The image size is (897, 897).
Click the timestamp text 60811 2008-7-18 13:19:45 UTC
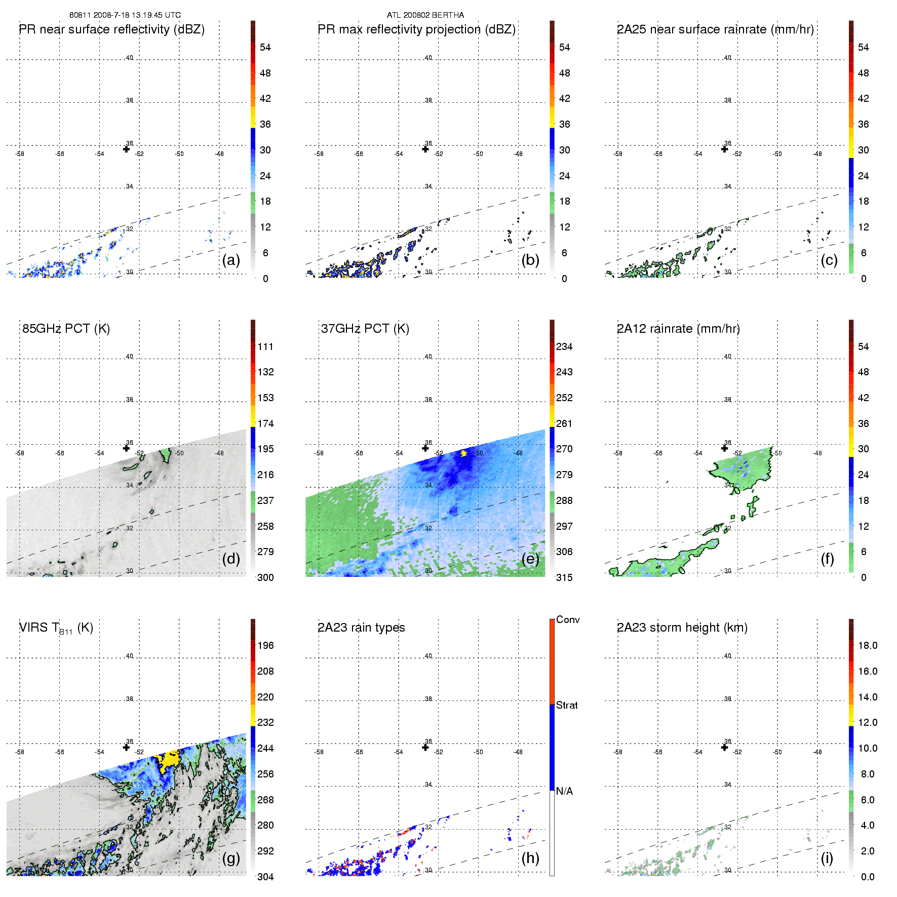(125, 15)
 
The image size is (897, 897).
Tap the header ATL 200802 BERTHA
(425, 15)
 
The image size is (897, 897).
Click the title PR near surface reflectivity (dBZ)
(112, 29)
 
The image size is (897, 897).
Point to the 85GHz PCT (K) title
(66, 329)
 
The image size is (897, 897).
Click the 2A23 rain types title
(361, 628)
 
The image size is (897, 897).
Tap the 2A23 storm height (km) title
(682, 628)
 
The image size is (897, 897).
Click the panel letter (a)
(231, 260)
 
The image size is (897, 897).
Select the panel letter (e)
(530, 559)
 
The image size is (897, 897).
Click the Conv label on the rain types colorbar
(568, 619)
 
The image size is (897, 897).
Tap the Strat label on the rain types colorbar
(567, 705)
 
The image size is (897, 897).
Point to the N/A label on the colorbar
(564, 791)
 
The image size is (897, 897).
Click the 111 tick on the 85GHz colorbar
(265, 346)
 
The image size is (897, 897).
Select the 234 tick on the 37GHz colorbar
(564, 346)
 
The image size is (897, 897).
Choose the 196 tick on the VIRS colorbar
(265, 645)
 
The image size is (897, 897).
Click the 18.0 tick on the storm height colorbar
(868, 645)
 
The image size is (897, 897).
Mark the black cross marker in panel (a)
(126, 149)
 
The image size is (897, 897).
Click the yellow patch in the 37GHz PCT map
(463, 453)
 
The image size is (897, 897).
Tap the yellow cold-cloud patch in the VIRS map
(169, 759)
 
